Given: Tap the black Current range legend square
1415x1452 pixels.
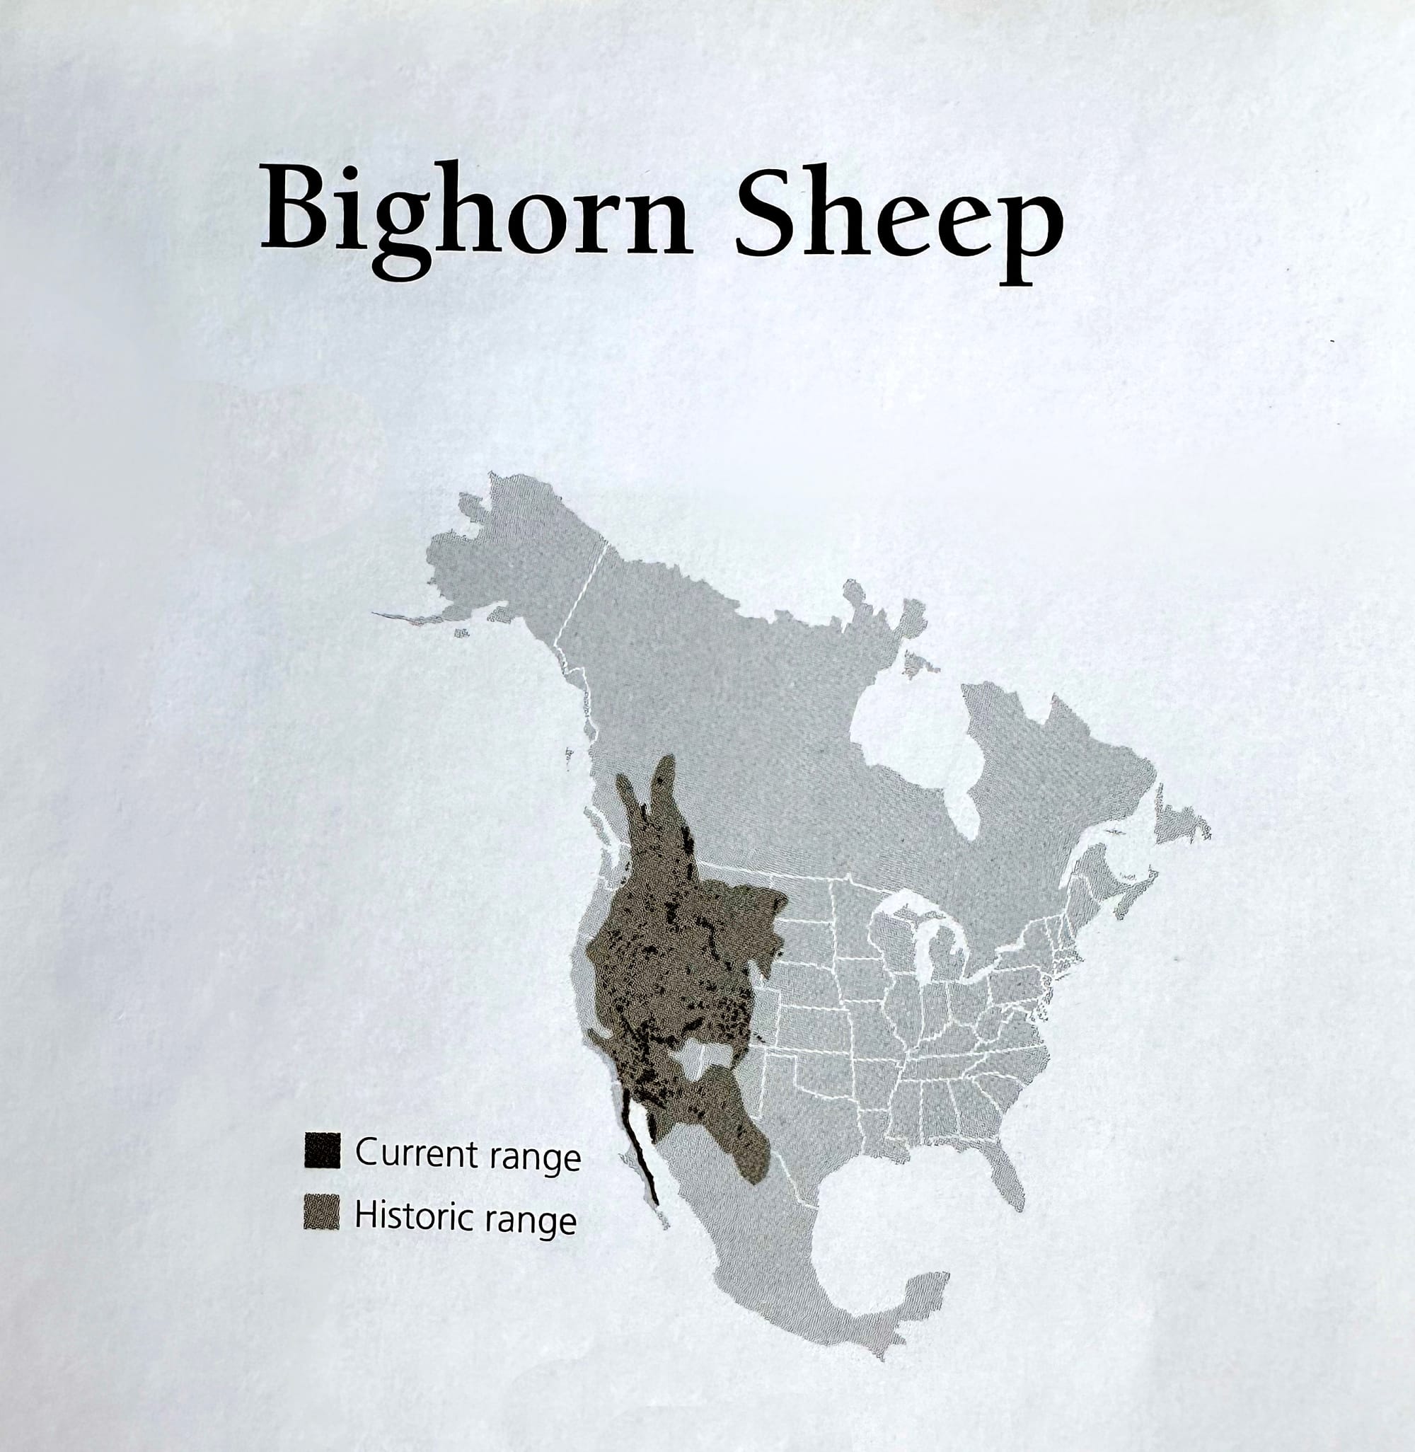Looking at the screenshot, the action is [322, 1151].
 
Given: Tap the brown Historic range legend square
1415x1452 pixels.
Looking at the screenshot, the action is [322, 1213].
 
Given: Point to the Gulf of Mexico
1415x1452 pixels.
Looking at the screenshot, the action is [892, 1218].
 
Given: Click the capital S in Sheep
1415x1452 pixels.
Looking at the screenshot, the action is [768, 209].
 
